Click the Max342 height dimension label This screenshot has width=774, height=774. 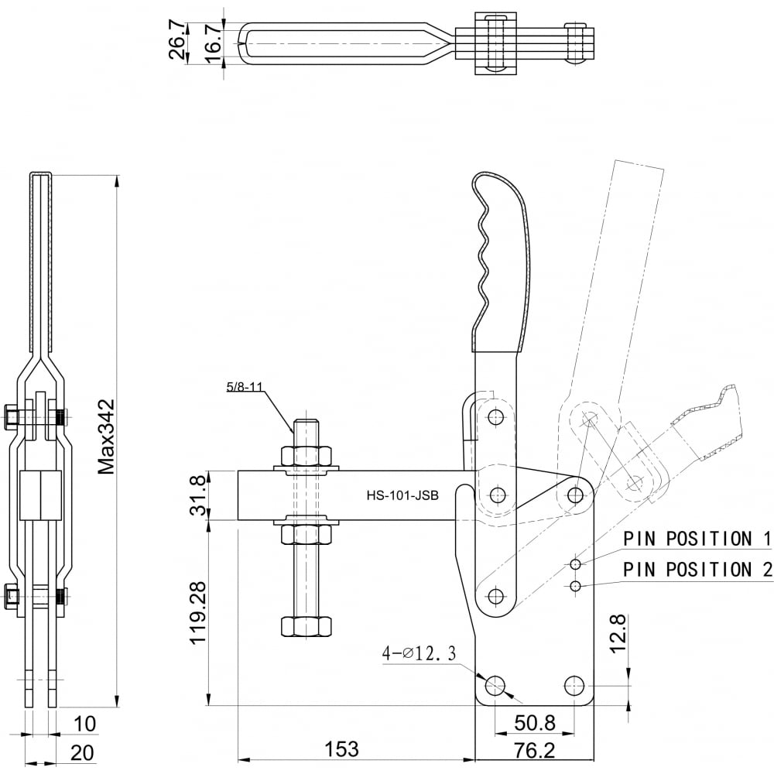point(105,437)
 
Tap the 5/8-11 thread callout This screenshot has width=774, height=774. point(244,386)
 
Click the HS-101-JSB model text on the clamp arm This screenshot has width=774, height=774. point(402,495)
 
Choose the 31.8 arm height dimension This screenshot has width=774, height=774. point(199,495)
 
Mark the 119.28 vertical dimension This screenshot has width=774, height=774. point(198,612)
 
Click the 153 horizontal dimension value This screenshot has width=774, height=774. point(341,748)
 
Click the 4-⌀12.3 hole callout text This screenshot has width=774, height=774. point(419,653)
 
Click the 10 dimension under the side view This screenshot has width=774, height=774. point(84,724)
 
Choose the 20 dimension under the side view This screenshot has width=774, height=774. point(82,753)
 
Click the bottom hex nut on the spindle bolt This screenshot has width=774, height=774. point(306,626)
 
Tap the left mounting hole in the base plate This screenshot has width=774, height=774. point(495,685)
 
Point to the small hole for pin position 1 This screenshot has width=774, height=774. point(575,564)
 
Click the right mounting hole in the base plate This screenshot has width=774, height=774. point(574,685)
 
